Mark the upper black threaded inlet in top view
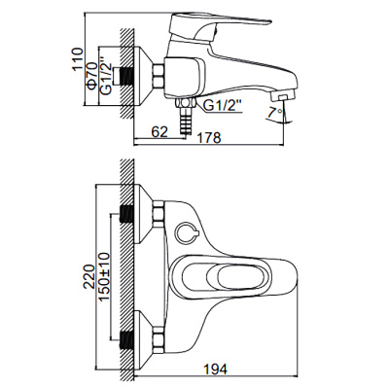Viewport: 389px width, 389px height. click(x=124, y=215)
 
